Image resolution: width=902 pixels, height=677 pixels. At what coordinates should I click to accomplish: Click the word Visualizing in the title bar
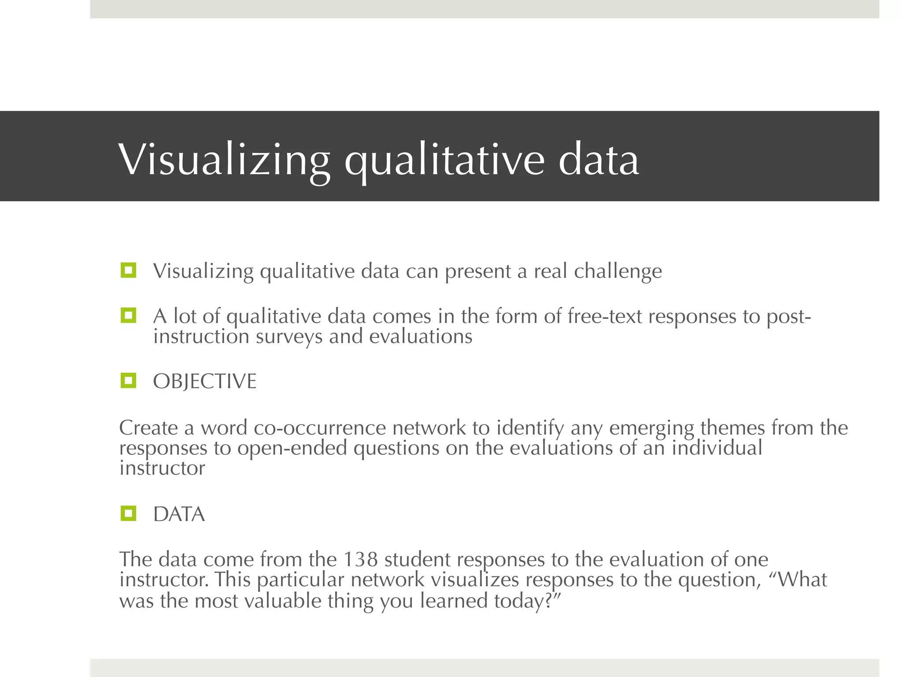click(x=224, y=160)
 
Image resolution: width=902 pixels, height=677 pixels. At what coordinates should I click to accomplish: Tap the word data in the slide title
click(x=599, y=160)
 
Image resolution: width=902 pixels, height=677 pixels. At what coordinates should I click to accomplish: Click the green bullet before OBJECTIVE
click(x=128, y=380)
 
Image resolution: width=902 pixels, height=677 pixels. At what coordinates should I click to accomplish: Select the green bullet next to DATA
click(x=128, y=513)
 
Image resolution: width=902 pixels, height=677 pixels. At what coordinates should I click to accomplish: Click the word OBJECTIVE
click(x=204, y=381)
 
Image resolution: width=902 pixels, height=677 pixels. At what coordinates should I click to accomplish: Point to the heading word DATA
click(x=179, y=514)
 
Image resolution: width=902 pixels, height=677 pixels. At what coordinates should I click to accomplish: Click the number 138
click(x=360, y=559)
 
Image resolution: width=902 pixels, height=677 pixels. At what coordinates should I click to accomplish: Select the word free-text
click(x=604, y=316)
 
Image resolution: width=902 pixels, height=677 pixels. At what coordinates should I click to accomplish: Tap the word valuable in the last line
click(x=282, y=601)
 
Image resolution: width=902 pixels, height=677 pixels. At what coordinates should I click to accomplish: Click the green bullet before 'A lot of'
click(x=128, y=315)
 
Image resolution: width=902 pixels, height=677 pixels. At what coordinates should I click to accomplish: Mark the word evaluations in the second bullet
click(x=420, y=337)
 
